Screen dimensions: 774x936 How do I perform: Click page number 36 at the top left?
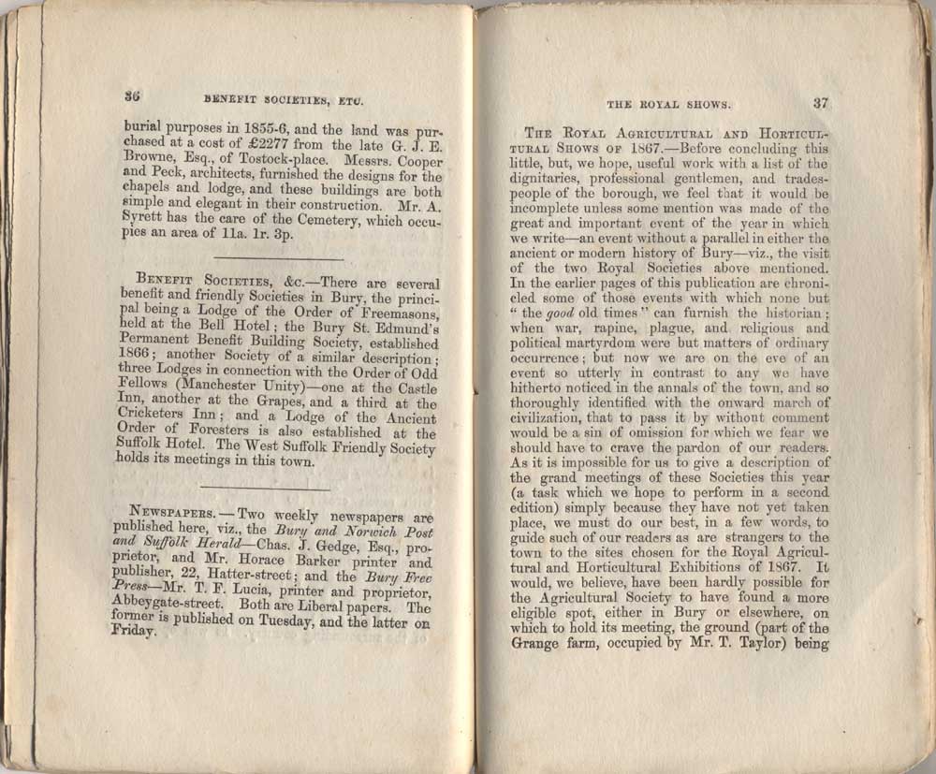click(132, 95)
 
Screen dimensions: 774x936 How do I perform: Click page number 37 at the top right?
click(821, 103)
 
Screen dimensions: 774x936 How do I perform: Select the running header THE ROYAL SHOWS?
click(669, 105)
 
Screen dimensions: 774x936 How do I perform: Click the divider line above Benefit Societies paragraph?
click(278, 258)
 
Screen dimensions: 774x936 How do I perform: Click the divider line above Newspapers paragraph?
click(265, 488)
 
